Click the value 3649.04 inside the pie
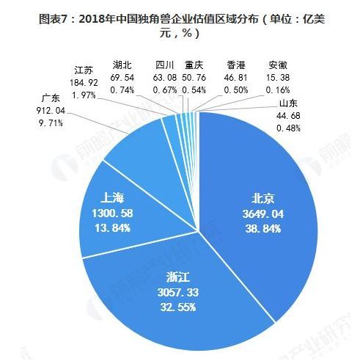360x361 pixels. pos(263,214)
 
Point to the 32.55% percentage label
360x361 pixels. pos(178,307)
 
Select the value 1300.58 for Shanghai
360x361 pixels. pos(112,214)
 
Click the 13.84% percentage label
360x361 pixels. pos(112,228)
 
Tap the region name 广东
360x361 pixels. pos(51,98)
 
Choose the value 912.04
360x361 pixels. pos(51,111)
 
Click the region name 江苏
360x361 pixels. pos(84,70)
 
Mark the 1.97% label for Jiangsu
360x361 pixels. pos(84,95)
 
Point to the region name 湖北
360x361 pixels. pos(122,65)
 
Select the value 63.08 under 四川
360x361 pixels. pos(165,78)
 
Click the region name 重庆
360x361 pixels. pos(194,65)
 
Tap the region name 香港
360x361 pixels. pos(236,65)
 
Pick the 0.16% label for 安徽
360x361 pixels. pos(278,90)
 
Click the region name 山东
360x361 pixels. pos(288,103)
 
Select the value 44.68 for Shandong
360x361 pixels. pos(288,115)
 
